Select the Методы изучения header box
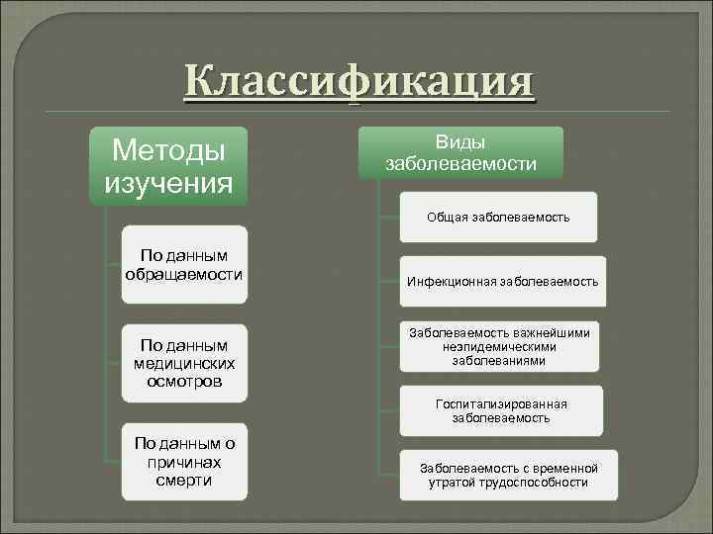[x=167, y=166]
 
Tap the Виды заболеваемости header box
[x=460, y=152]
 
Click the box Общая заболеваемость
[x=498, y=217]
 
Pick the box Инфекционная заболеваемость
[x=502, y=282]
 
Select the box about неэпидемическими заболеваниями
[x=499, y=347]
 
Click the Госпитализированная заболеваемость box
[x=501, y=410]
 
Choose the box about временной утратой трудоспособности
[x=509, y=475]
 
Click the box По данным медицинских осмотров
[x=183, y=362]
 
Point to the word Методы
[x=167, y=149]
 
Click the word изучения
[x=167, y=183]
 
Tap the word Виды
[x=460, y=142]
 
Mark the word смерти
[x=183, y=481]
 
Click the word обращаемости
[x=183, y=272]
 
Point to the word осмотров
[x=183, y=381]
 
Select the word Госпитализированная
[x=501, y=403]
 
